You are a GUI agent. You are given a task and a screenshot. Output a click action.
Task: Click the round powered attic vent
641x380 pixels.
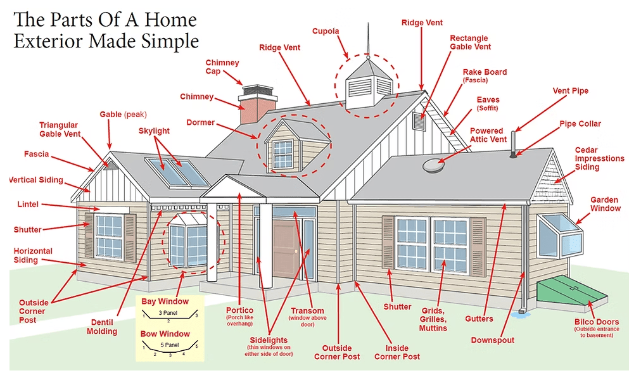(435, 163)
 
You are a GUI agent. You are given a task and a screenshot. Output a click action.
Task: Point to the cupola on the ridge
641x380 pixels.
(367, 82)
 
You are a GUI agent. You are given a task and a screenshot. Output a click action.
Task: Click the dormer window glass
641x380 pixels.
(283, 153)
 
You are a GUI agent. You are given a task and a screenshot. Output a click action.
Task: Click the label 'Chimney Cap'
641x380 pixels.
(222, 68)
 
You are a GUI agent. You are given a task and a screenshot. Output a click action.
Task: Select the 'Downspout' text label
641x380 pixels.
(492, 340)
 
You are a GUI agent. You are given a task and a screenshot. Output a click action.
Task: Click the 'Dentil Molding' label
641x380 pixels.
(102, 326)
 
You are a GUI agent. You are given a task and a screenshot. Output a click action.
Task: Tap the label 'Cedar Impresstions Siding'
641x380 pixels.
(599, 158)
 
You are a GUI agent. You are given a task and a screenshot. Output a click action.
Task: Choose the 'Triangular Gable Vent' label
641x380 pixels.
(58, 130)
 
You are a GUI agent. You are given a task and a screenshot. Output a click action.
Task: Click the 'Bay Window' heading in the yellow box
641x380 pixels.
(165, 301)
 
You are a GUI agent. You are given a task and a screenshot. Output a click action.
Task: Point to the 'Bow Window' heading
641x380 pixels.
(165, 334)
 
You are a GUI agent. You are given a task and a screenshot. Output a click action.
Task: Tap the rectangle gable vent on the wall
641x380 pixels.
(418, 122)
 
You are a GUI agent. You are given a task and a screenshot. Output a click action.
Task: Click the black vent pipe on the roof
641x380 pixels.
(514, 142)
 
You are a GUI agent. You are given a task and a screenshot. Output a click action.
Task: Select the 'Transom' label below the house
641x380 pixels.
(307, 311)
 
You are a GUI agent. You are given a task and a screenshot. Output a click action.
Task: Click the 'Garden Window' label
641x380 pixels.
(605, 204)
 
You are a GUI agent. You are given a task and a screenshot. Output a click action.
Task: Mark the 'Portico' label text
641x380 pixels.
(240, 310)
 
